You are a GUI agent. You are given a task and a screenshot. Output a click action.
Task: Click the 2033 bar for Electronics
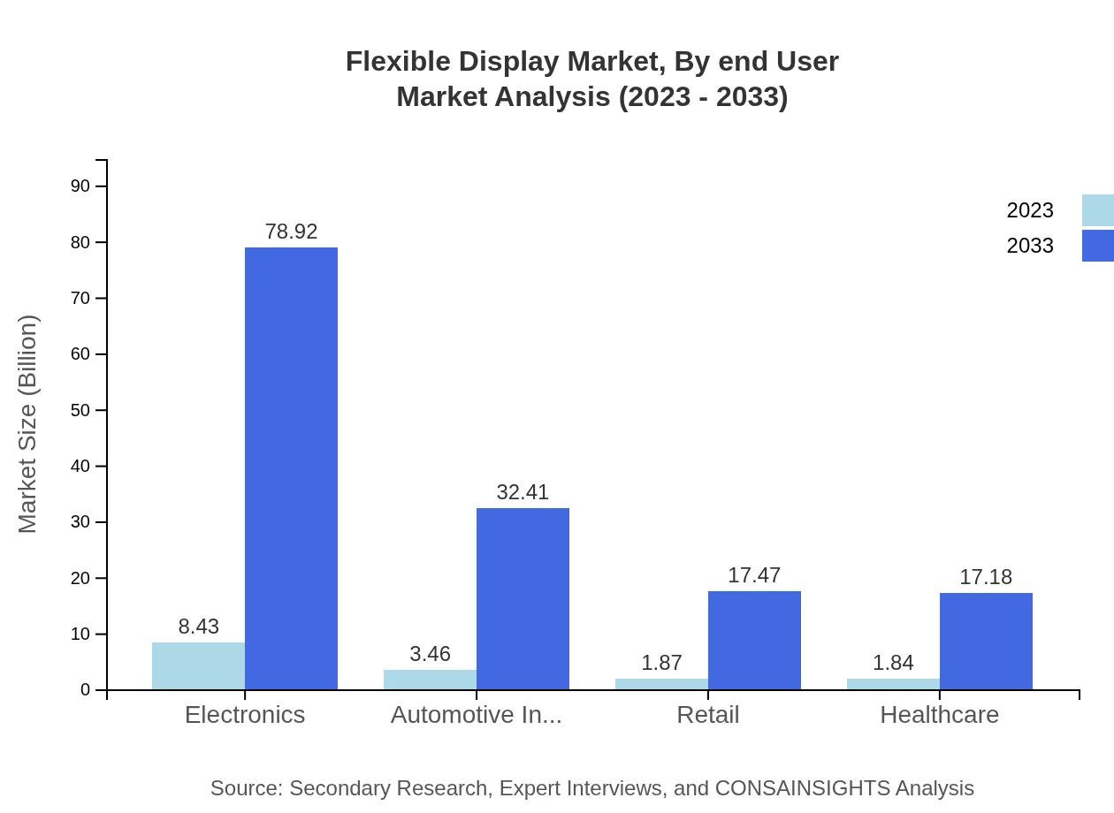point(291,468)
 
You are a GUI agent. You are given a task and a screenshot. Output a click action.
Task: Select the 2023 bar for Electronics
point(198,666)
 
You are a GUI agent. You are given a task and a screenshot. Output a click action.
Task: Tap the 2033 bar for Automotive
point(523,599)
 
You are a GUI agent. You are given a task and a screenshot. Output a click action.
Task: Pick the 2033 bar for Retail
point(754,641)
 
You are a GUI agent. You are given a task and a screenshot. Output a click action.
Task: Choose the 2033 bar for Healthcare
point(986,642)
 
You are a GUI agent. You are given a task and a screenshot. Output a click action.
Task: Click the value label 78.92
point(291,232)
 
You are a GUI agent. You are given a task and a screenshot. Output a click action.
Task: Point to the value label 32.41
point(523,492)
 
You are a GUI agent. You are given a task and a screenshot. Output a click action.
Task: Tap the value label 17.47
point(754,575)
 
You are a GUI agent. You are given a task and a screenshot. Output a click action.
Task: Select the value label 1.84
point(893,663)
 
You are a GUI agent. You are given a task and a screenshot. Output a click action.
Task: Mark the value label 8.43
point(198,627)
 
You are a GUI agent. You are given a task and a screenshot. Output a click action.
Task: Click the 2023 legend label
point(1030,210)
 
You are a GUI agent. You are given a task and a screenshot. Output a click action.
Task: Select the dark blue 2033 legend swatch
point(1097,246)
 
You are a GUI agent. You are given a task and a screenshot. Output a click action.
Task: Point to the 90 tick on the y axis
point(80,186)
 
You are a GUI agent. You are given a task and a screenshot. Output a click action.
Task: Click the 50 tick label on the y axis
point(80,410)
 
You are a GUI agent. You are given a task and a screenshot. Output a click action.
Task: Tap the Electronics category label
point(245,715)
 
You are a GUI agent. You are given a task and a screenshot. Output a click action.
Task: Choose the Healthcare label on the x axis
point(939,715)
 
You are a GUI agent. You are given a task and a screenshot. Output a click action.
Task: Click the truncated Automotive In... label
point(477,715)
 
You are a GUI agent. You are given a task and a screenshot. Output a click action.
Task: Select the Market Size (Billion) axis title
point(28,424)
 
